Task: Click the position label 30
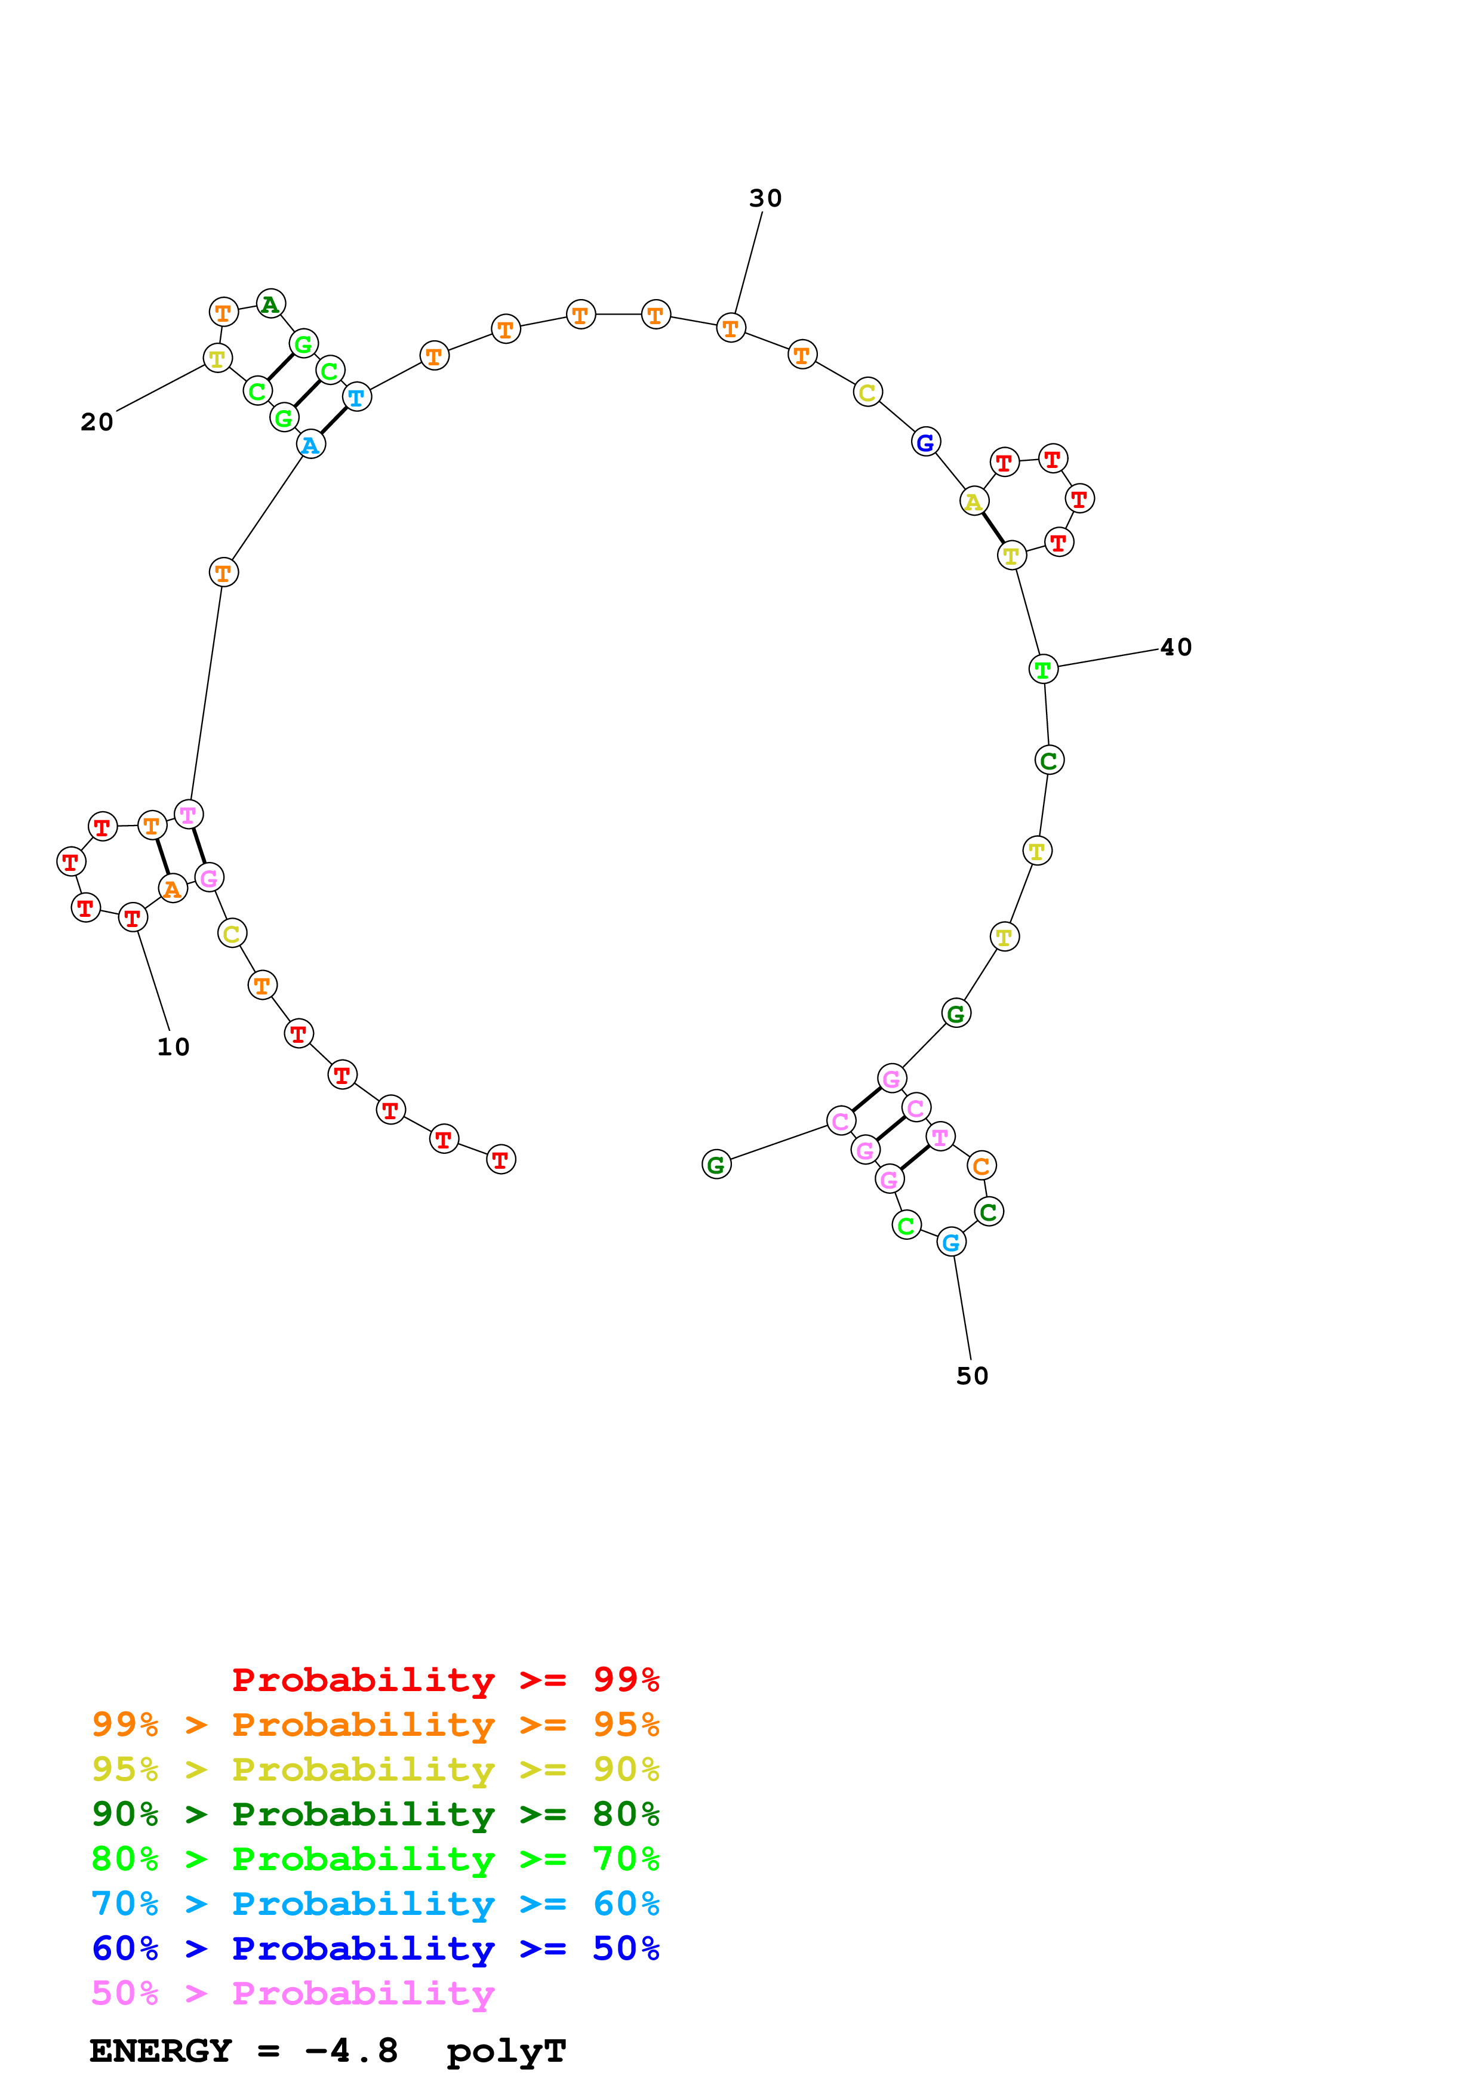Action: click(765, 198)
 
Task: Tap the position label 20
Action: click(97, 422)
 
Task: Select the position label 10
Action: click(173, 1047)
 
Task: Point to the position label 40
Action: click(1176, 648)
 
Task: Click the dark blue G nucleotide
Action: click(925, 442)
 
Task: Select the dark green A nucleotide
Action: click(270, 304)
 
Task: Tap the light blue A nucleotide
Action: click(311, 445)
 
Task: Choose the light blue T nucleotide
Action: click(356, 398)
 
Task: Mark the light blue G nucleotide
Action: click(951, 1242)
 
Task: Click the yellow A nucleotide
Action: click(974, 501)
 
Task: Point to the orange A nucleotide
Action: click(173, 888)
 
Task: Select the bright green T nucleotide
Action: click(1043, 669)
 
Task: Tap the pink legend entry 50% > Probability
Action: click(293, 1994)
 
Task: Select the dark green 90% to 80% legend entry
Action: click(375, 1814)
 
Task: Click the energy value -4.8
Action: click(351, 2051)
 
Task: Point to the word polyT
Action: click(506, 2051)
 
